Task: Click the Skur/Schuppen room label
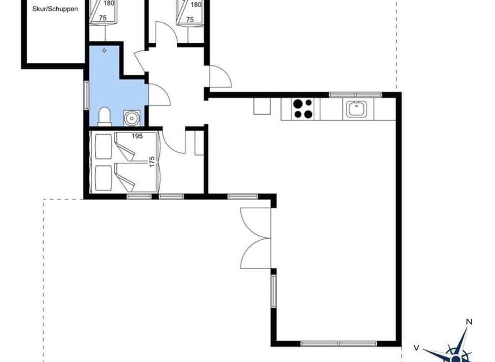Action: click(x=55, y=9)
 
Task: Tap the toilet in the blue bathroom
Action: click(x=104, y=116)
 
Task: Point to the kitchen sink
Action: click(x=358, y=109)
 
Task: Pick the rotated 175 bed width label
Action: click(x=152, y=161)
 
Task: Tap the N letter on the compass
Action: click(x=469, y=322)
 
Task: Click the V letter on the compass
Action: click(x=416, y=348)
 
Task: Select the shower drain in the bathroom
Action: click(x=105, y=50)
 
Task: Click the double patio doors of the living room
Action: click(x=256, y=238)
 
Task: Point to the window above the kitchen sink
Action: click(x=355, y=95)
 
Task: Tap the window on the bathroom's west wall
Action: click(x=86, y=96)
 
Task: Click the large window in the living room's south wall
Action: click(x=339, y=344)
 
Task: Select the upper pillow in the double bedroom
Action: click(x=103, y=146)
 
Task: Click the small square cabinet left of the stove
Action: click(x=262, y=106)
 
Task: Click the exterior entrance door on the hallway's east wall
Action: click(x=220, y=76)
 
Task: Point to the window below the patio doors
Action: click(x=274, y=291)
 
